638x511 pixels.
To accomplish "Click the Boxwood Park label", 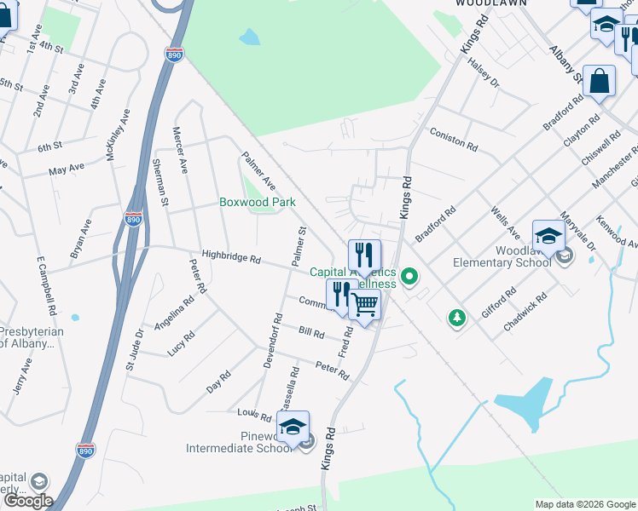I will coord(258,203).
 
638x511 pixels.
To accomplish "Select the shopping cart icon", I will coord(365,304).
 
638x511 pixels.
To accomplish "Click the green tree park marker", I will coord(458,318).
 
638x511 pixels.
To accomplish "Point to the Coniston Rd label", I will coord(453,140).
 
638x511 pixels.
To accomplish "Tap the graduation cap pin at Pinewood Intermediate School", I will coord(293,428).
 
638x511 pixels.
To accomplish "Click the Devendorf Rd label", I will coord(271,341).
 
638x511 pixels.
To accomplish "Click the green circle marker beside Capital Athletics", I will coord(409,276).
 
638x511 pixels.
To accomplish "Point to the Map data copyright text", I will coord(584,504).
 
